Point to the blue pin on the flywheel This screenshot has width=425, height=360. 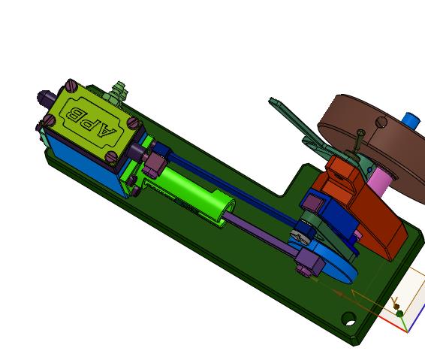(411, 121)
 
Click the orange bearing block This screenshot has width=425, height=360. (360, 206)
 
